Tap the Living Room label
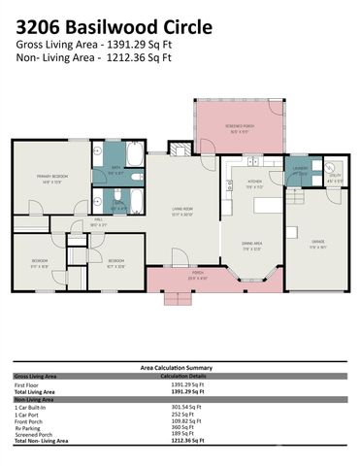183,213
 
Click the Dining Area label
254,245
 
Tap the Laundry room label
300,172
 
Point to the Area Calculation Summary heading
179,369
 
